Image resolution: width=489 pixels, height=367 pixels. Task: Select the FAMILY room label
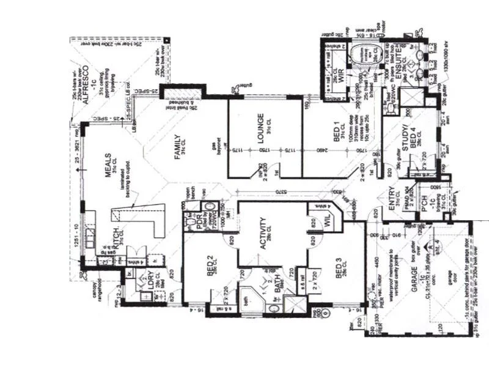pyautogui.click(x=178, y=147)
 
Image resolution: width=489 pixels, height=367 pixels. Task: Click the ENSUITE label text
pyautogui.click(x=396, y=64)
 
